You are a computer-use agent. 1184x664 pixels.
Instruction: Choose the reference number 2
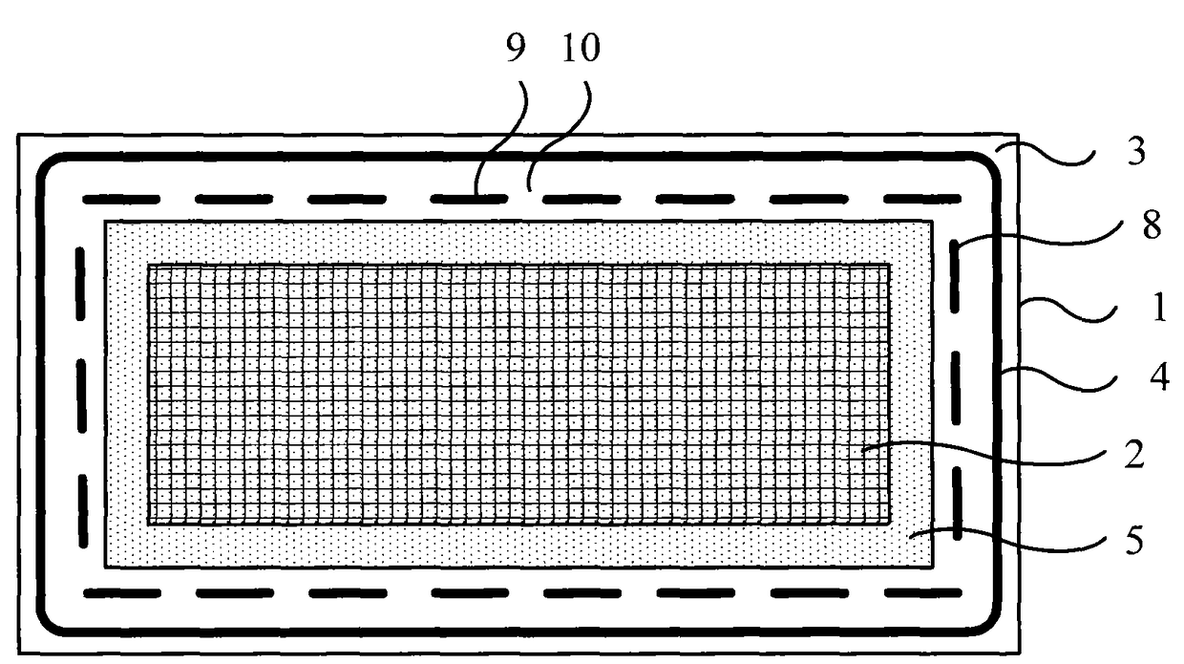(1134, 458)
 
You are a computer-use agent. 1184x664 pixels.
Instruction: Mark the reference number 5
(1135, 542)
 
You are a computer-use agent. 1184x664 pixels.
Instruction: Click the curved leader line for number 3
(1050, 153)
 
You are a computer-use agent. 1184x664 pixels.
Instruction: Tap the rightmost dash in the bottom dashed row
(922, 593)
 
